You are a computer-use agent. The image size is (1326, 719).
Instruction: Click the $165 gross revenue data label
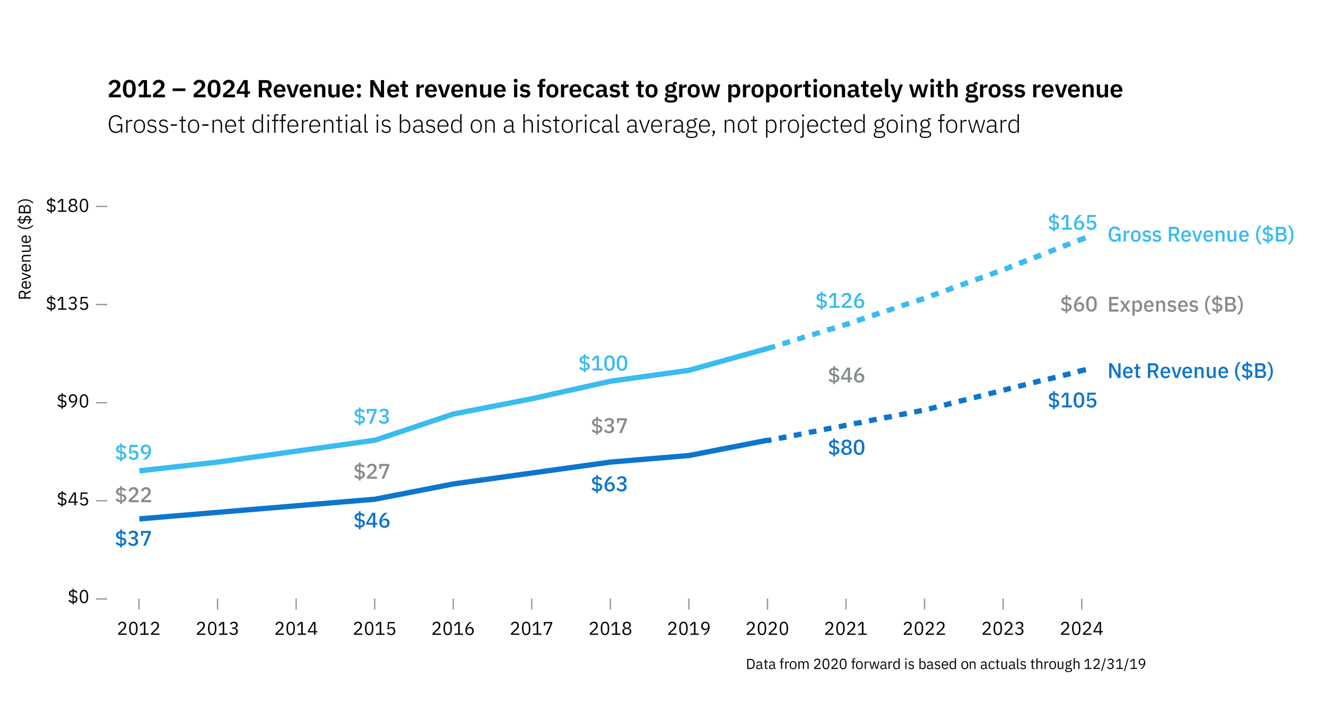point(1071,223)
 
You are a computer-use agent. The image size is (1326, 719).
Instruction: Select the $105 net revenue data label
point(1071,401)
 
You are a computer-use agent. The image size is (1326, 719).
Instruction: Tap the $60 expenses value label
point(1078,305)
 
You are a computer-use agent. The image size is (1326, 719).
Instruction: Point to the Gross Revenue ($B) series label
point(1200,235)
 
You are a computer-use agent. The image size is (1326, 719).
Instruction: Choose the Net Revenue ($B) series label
point(1190,371)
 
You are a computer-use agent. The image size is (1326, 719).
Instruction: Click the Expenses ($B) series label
point(1175,305)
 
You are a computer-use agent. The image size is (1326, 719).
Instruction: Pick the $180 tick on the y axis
point(67,205)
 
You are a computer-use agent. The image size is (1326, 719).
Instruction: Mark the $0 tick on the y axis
point(78,597)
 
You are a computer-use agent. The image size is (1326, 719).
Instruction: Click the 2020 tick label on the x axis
point(766,629)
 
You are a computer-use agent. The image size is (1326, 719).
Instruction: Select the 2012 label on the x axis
point(138,629)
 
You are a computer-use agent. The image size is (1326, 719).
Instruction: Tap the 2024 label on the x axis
point(1081,629)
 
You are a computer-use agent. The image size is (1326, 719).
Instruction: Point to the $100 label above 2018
point(603,363)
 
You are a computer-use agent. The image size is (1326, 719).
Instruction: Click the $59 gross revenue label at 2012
point(133,453)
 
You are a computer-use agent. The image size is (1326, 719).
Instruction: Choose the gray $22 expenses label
point(133,495)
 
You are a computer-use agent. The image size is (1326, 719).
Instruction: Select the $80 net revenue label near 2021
point(846,448)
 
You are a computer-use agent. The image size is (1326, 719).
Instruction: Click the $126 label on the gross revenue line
point(840,301)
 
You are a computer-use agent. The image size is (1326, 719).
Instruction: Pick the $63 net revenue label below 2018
point(609,484)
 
